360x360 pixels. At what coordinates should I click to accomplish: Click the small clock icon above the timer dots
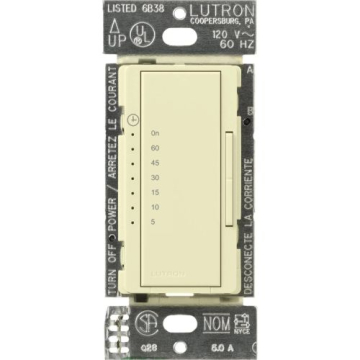134,119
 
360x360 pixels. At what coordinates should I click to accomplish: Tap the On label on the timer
155,132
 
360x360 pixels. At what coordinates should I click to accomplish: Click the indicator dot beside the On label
135,132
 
